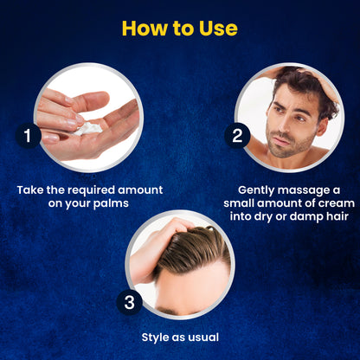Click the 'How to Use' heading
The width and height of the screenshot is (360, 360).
pyautogui.click(x=179, y=28)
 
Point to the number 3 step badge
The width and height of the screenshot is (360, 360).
pyautogui.click(x=129, y=303)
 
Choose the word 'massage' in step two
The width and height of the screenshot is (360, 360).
pyautogui.click(x=298, y=189)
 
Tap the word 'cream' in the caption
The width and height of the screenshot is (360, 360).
pyautogui.click(x=319, y=204)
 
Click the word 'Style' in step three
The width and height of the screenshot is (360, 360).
pyautogui.click(x=157, y=337)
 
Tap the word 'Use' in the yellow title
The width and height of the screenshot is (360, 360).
pyautogui.click(x=216, y=28)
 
